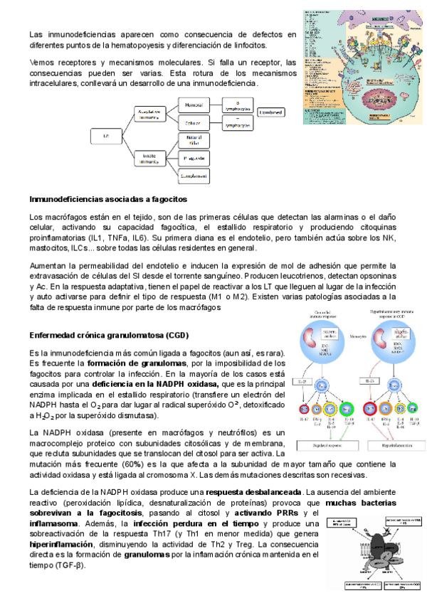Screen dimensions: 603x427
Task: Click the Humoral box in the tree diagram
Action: [194, 105]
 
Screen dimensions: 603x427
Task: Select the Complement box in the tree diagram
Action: [194, 174]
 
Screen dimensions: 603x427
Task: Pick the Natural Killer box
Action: [194, 139]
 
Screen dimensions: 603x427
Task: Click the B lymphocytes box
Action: [238, 105]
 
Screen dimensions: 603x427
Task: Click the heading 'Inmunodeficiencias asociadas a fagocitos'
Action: [107, 199]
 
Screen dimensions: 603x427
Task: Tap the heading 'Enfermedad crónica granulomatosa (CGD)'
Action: [105, 334]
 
